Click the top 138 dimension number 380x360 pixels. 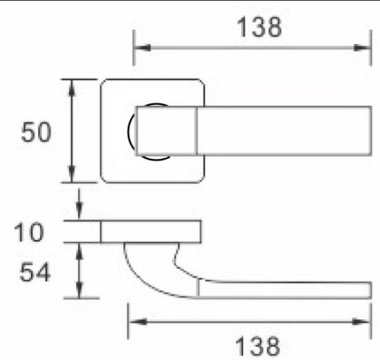pyautogui.click(x=259, y=27)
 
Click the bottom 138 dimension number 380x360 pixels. pyautogui.click(x=258, y=346)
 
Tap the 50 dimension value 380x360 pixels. pyautogui.click(x=37, y=132)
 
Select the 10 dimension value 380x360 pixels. pyautogui.click(x=29, y=232)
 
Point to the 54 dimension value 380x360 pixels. pyautogui.click(x=35, y=272)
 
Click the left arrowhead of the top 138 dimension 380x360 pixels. pyautogui.click(x=142, y=48)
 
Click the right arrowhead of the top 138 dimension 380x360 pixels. pyautogui.click(x=362, y=48)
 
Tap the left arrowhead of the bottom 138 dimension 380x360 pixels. pyautogui.click(x=137, y=322)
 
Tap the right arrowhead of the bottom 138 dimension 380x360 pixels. pyautogui.click(x=361, y=322)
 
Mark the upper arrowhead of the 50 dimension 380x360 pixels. pyautogui.click(x=72, y=88)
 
